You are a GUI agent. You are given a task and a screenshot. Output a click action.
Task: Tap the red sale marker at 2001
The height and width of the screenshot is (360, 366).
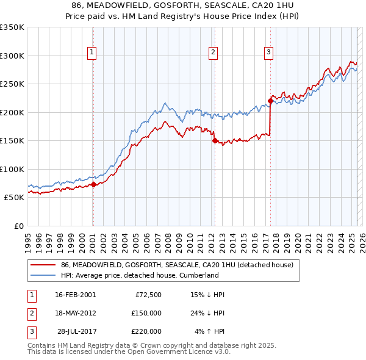pos(93,184)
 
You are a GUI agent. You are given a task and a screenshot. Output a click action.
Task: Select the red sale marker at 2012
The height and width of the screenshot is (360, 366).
pos(215,140)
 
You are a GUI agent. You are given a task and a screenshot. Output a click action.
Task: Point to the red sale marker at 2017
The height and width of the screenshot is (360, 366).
pos(270,101)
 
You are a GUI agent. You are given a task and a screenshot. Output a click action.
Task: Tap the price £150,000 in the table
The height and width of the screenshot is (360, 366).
pos(146,313)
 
